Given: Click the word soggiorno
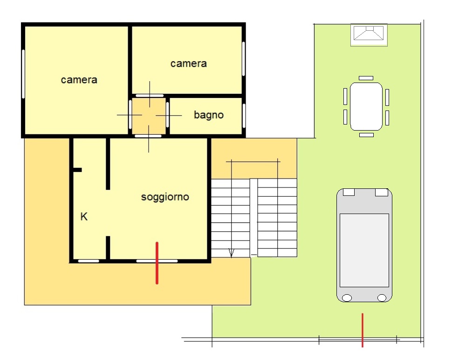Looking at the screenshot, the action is pyautogui.click(x=165, y=197).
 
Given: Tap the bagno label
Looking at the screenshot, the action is pyautogui.click(x=209, y=115).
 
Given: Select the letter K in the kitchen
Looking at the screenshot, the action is pyautogui.click(x=84, y=216).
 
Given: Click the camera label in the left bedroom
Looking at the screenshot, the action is pyautogui.click(x=79, y=80).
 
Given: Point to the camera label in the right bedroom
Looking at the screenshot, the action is pyautogui.click(x=189, y=63).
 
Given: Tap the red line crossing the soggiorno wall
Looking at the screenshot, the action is pyautogui.click(x=157, y=263).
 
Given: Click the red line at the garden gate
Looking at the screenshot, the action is pyautogui.click(x=363, y=330).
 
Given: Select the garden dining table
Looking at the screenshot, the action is pyautogui.click(x=366, y=107).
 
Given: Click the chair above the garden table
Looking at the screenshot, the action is pyautogui.click(x=366, y=78).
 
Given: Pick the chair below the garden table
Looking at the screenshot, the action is pyautogui.click(x=366, y=135).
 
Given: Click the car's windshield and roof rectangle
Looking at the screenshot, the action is pyautogui.click(x=364, y=250).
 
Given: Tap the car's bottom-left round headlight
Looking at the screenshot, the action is pyautogui.click(x=347, y=298).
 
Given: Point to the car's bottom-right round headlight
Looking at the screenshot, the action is pyautogui.click(x=382, y=298).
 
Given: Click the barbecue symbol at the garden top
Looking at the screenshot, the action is pyautogui.click(x=369, y=35).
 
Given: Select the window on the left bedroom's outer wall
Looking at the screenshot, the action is pyautogui.click(x=23, y=74).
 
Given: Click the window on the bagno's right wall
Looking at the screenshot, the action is pyautogui.click(x=244, y=115).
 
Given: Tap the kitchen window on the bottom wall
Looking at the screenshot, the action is pyautogui.click(x=89, y=261).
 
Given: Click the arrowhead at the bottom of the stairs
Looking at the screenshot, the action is pyautogui.click(x=231, y=253).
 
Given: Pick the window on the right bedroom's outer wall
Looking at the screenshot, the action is pyautogui.click(x=244, y=59).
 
